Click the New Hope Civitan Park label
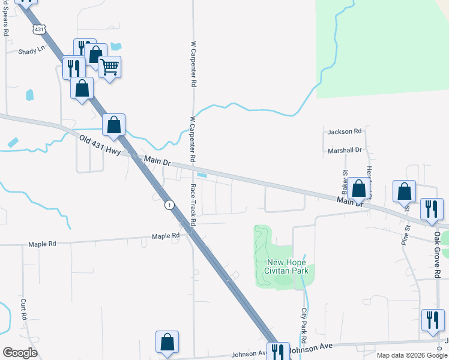[286, 266]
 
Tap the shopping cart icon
[109, 67]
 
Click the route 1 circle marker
[170, 205]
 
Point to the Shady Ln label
[32, 51]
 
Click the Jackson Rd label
[345, 131]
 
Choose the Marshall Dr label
[345, 150]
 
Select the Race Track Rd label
[194, 204]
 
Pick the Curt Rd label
[24, 309]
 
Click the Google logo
[20, 353]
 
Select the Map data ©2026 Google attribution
[412, 355]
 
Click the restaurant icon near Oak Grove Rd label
[431, 209]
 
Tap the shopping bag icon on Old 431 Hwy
[114, 125]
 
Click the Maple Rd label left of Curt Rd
[42, 244]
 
